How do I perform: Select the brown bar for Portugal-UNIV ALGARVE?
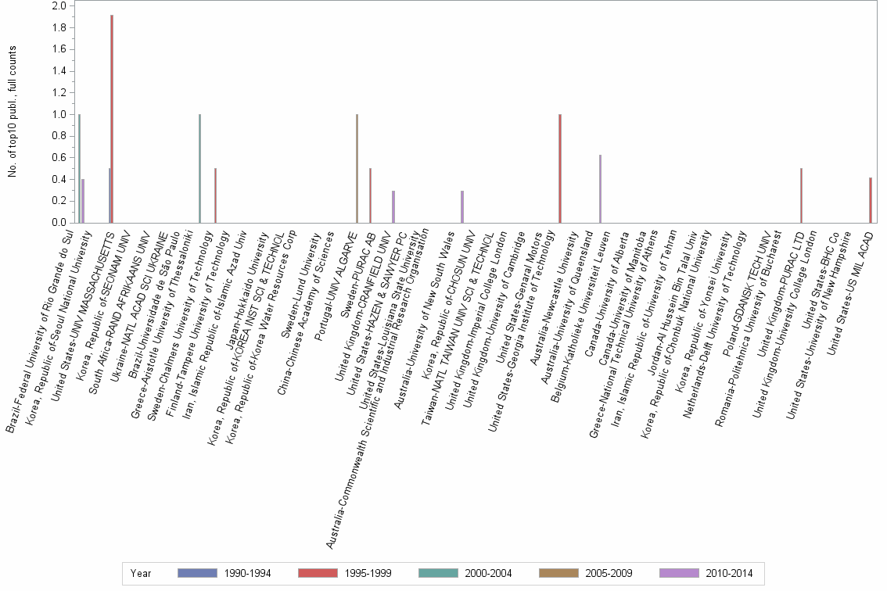pos(357,168)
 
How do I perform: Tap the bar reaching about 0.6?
pos(600,188)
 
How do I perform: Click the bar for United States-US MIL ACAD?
pos(871,200)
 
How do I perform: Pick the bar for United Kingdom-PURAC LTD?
pos(802,195)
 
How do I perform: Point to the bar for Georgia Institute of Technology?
pos(560,168)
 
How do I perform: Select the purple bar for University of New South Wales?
pos(462,206)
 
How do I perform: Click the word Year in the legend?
pos(141,574)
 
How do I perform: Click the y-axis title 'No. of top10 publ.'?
pos(12,112)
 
